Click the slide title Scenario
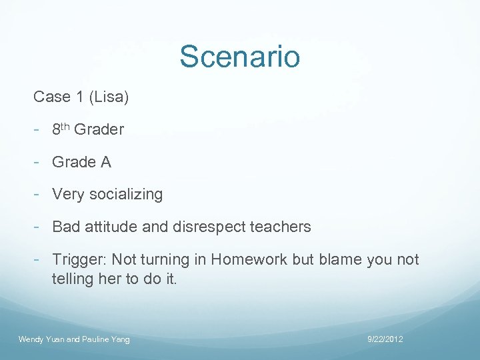point(239,57)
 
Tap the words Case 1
point(58,97)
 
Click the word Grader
point(99,129)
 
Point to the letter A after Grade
point(105,162)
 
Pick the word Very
point(67,195)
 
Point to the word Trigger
point(79,259)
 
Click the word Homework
point(251,259)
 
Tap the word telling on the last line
point(73,279)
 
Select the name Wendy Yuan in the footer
point(41,340)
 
